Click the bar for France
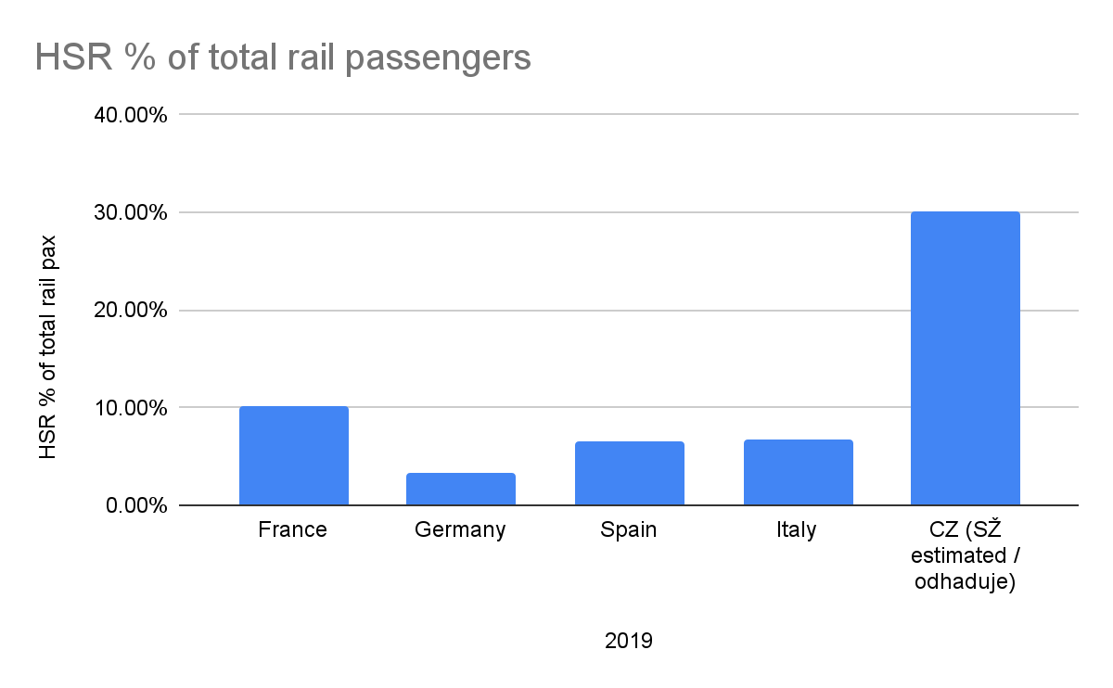pyautogui.click(x=293, y=455)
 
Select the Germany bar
pyautogui.click(x=460, y=489)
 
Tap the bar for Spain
pyautogui.click(x=629, y=473)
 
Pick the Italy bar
pyautogui.click(x=798, y=472)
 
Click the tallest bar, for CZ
pyautogui.click(x=965, y=358)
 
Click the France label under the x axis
pyautogui.click(x=293, y=530)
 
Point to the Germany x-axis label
pyautogui.click(x=460, y=530)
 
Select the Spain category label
pyautogui.click(x=629, y=530)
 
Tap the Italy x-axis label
pyautogui.click(x=798, y=530)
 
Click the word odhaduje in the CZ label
pyautogui.click(x=965, y=582)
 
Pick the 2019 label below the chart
pyautogui.click(x=629, y=641)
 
